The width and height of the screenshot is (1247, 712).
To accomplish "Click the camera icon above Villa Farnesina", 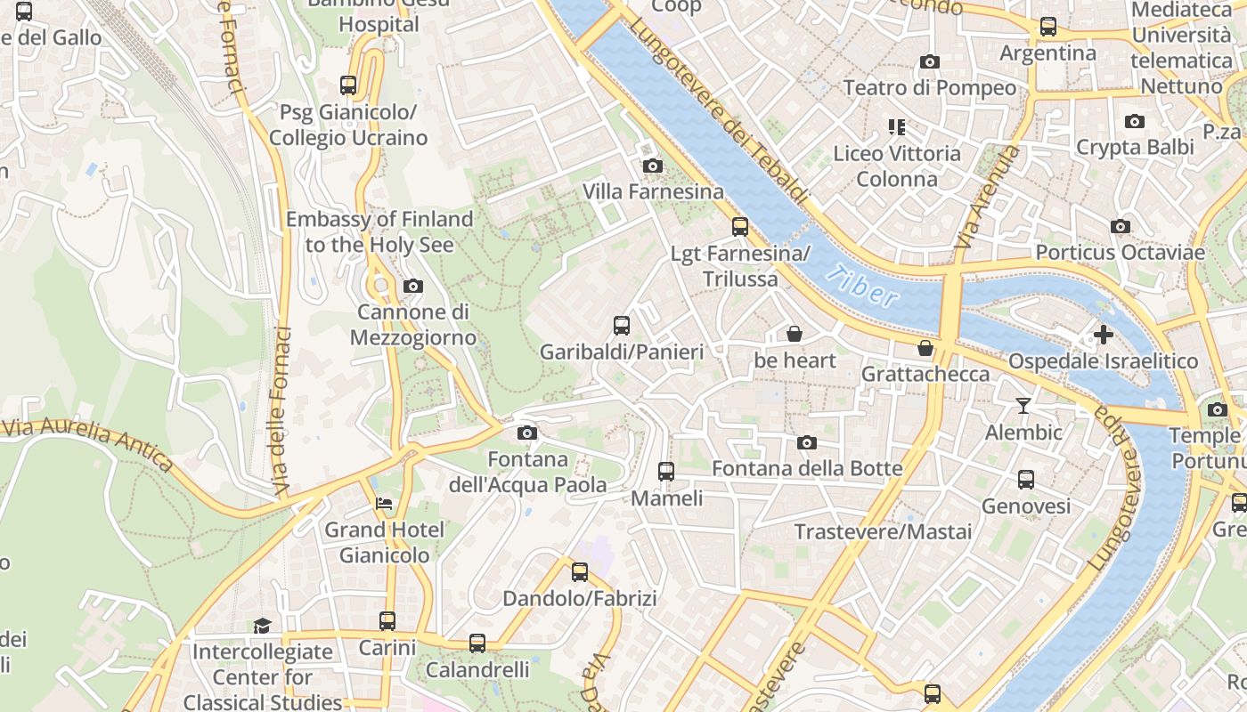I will [652, 166].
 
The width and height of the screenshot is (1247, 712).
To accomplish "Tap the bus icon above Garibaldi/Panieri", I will [622, 326].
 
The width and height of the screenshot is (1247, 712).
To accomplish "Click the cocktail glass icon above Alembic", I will [1023, 406].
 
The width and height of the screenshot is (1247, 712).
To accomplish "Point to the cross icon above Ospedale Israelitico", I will [1104, 336].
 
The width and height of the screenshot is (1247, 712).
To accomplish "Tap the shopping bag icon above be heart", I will [795, 334].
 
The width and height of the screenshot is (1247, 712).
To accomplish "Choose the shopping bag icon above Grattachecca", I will [925, 347].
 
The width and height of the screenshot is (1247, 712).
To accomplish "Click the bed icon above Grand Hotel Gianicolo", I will [383, 504].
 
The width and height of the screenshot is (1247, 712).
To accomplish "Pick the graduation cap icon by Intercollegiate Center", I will [262, 626].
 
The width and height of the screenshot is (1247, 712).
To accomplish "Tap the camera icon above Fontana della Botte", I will [807, 442].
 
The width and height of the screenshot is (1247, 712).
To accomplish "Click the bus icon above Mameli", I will [666, 472].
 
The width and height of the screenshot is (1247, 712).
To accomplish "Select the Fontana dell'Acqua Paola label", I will [527, 473].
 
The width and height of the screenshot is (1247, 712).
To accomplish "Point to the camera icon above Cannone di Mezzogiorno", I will [412, 286].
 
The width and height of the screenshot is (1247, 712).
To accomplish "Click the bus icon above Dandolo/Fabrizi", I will [580, 571].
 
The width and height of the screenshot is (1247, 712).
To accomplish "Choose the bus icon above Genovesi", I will [1026, 480].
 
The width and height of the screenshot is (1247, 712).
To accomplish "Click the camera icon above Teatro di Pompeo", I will [929, 61].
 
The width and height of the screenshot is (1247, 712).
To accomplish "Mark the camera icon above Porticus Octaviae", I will [1121, 226].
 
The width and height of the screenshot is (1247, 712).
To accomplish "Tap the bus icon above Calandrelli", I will [477, 643].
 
